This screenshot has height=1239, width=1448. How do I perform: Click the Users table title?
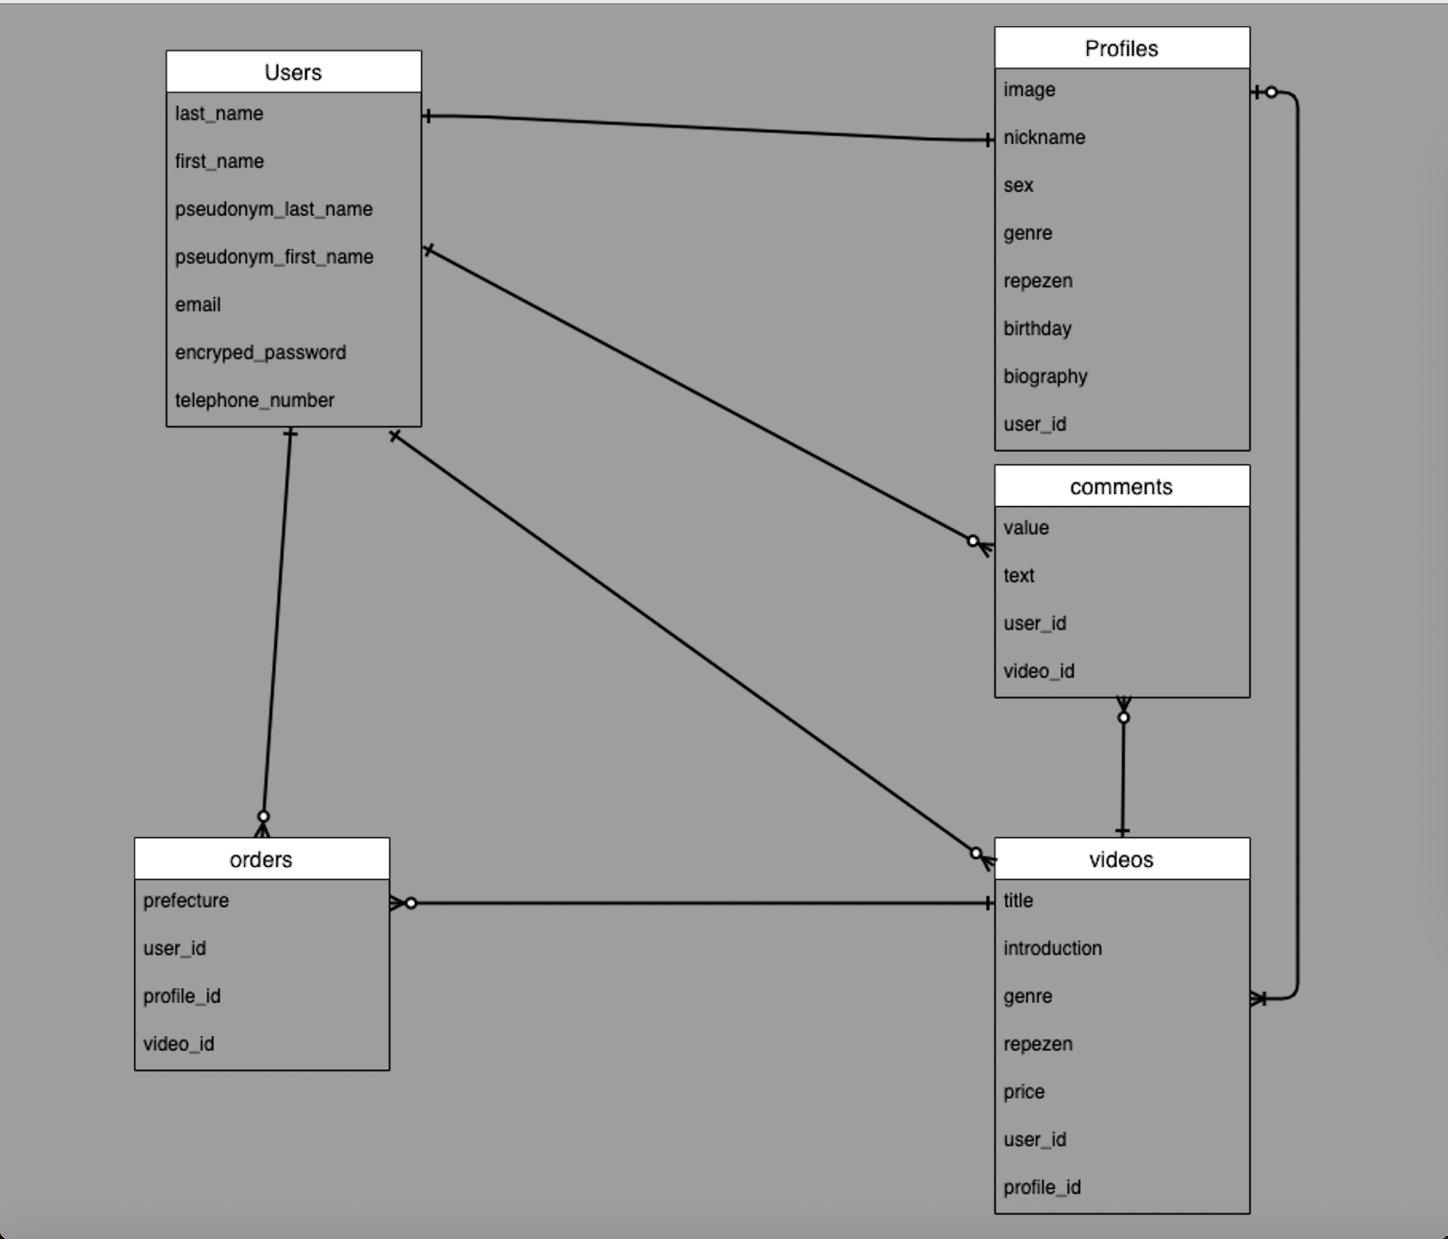click(293, 73)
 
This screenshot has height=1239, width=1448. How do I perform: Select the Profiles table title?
click(1121, 49)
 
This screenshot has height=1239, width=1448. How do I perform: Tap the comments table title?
click(1121, 487)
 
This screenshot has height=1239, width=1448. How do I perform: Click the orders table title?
click(260, 859)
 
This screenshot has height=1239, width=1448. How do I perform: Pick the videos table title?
click(1121, 859)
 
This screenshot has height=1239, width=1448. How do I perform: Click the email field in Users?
click(198, 305)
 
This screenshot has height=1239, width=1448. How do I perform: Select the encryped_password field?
click(260, 353)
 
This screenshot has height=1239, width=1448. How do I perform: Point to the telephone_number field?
click(255, 401)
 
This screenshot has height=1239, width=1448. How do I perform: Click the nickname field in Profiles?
click(1044, 138)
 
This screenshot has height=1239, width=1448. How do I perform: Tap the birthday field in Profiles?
click(1037, 329)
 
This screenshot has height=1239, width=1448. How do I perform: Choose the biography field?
click(1045, 377)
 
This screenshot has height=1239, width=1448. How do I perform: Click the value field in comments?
click(1026, 528)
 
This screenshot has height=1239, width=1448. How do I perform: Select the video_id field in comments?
click(1038, 672)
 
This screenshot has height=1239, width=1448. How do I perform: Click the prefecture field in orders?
click(186, 901)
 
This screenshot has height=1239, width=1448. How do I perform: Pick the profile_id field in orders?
click(181, 997)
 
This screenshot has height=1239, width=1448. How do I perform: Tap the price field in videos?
click(1024, 1092)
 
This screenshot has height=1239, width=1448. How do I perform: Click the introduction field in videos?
click(1052, 948)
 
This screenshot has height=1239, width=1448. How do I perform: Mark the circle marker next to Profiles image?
click(1271, 92)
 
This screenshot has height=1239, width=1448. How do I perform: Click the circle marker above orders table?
click(263, 816)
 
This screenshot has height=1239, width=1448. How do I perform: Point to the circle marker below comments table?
click(1123, 717)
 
